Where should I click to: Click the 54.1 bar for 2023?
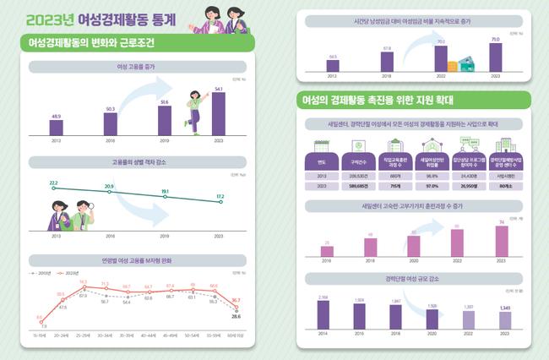218,113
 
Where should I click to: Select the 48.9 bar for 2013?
56,127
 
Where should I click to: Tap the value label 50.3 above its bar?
110,109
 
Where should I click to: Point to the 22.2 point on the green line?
54,188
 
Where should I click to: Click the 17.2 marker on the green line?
220,203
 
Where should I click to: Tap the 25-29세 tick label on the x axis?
83,334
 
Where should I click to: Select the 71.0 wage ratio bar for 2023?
495,57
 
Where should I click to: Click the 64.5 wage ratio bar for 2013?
333,65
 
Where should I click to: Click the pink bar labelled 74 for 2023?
501,239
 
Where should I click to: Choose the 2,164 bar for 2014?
323,314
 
